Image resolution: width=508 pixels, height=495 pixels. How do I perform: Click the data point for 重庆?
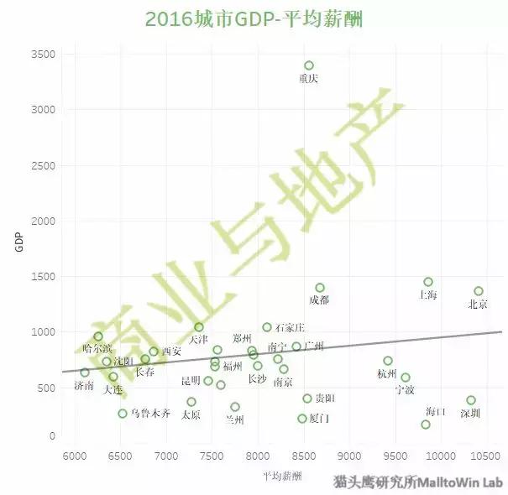(x=309, y=65)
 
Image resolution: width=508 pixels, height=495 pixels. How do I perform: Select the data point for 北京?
(x=479, y=291)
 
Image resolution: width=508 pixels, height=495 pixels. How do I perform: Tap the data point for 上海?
(x=428, y=282)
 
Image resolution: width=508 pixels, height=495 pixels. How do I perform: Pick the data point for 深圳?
(x=471, y=400)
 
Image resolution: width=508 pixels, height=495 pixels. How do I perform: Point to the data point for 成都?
(x=320, y=288)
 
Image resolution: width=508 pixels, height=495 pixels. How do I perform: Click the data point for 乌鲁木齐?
(x=123, y=414)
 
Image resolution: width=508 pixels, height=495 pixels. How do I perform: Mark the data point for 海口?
(x=426, y=425)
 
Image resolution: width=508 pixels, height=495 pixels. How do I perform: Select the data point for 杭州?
(x=388, y=361)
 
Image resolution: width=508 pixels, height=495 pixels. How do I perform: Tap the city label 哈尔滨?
(x=97, y=349)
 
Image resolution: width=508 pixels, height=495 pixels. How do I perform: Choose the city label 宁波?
(x=405, y=390)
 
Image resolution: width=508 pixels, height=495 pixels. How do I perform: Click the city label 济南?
(x=84, y=386)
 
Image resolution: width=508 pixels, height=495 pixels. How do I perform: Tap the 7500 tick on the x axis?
(x=212, y=456)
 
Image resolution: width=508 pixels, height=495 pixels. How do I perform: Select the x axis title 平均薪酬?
(x=283, y=475)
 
